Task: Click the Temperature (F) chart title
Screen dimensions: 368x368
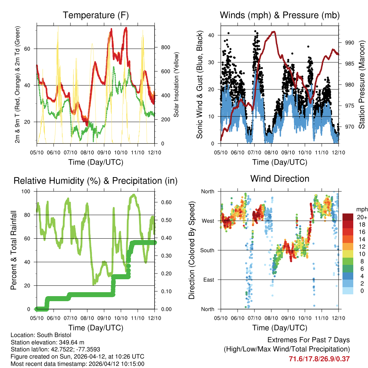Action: point(96,15)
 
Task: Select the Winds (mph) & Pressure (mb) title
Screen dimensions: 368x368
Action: point(280,15)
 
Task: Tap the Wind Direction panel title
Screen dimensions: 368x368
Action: point(280,179)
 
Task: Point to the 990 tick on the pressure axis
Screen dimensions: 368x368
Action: point(349,42)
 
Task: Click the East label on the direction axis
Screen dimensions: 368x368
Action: point(208,280)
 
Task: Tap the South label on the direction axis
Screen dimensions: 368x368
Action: point(207,250)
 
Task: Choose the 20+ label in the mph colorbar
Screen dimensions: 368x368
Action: point(361,217)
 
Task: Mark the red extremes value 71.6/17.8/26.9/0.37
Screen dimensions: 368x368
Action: point(319,359)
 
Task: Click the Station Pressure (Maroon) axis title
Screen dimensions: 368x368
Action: point(362,84)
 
